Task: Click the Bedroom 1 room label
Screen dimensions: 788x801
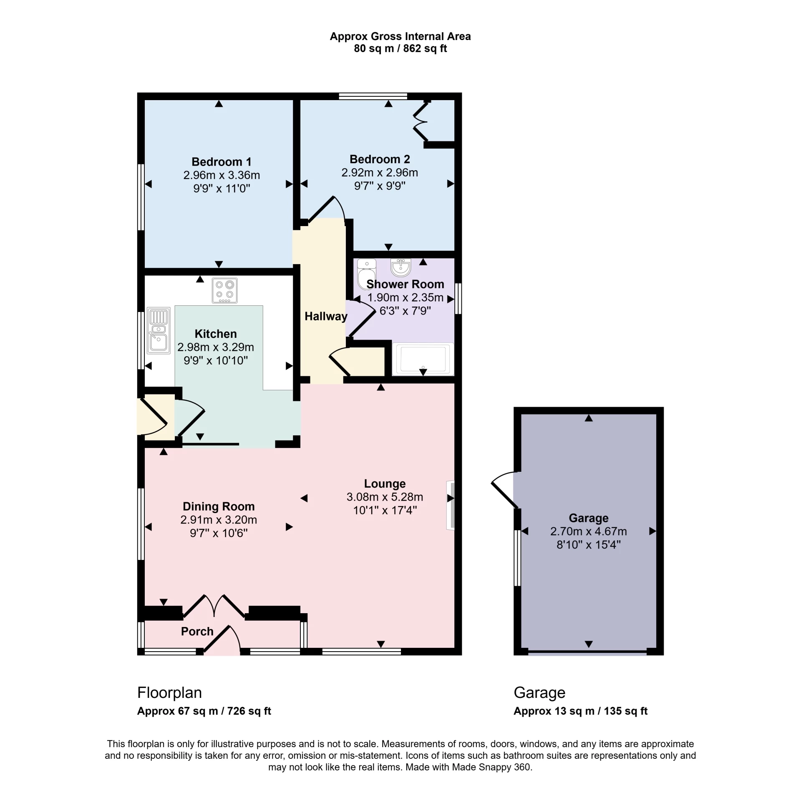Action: coord(221,161)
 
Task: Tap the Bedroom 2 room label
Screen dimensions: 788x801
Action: coord(380,159)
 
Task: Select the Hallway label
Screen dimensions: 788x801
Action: coord(326,316)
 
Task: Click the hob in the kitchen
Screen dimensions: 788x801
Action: coord(224,290)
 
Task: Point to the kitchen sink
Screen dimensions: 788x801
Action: coord(159,331)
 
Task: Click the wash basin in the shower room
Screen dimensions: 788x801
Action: coord(401,267)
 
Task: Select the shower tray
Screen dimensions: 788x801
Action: coord(423,359)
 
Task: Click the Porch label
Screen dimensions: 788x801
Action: coord(197,631)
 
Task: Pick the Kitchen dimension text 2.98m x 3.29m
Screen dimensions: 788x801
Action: coord(216,347)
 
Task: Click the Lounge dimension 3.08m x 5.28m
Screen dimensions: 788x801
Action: coord(385,497)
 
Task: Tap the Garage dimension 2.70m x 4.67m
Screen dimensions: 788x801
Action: coord(588,531)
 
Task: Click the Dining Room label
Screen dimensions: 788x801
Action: coord(219,506)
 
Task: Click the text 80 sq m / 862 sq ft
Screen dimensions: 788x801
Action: coord(400,49)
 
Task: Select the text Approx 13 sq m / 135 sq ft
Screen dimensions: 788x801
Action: coord(580,711)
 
